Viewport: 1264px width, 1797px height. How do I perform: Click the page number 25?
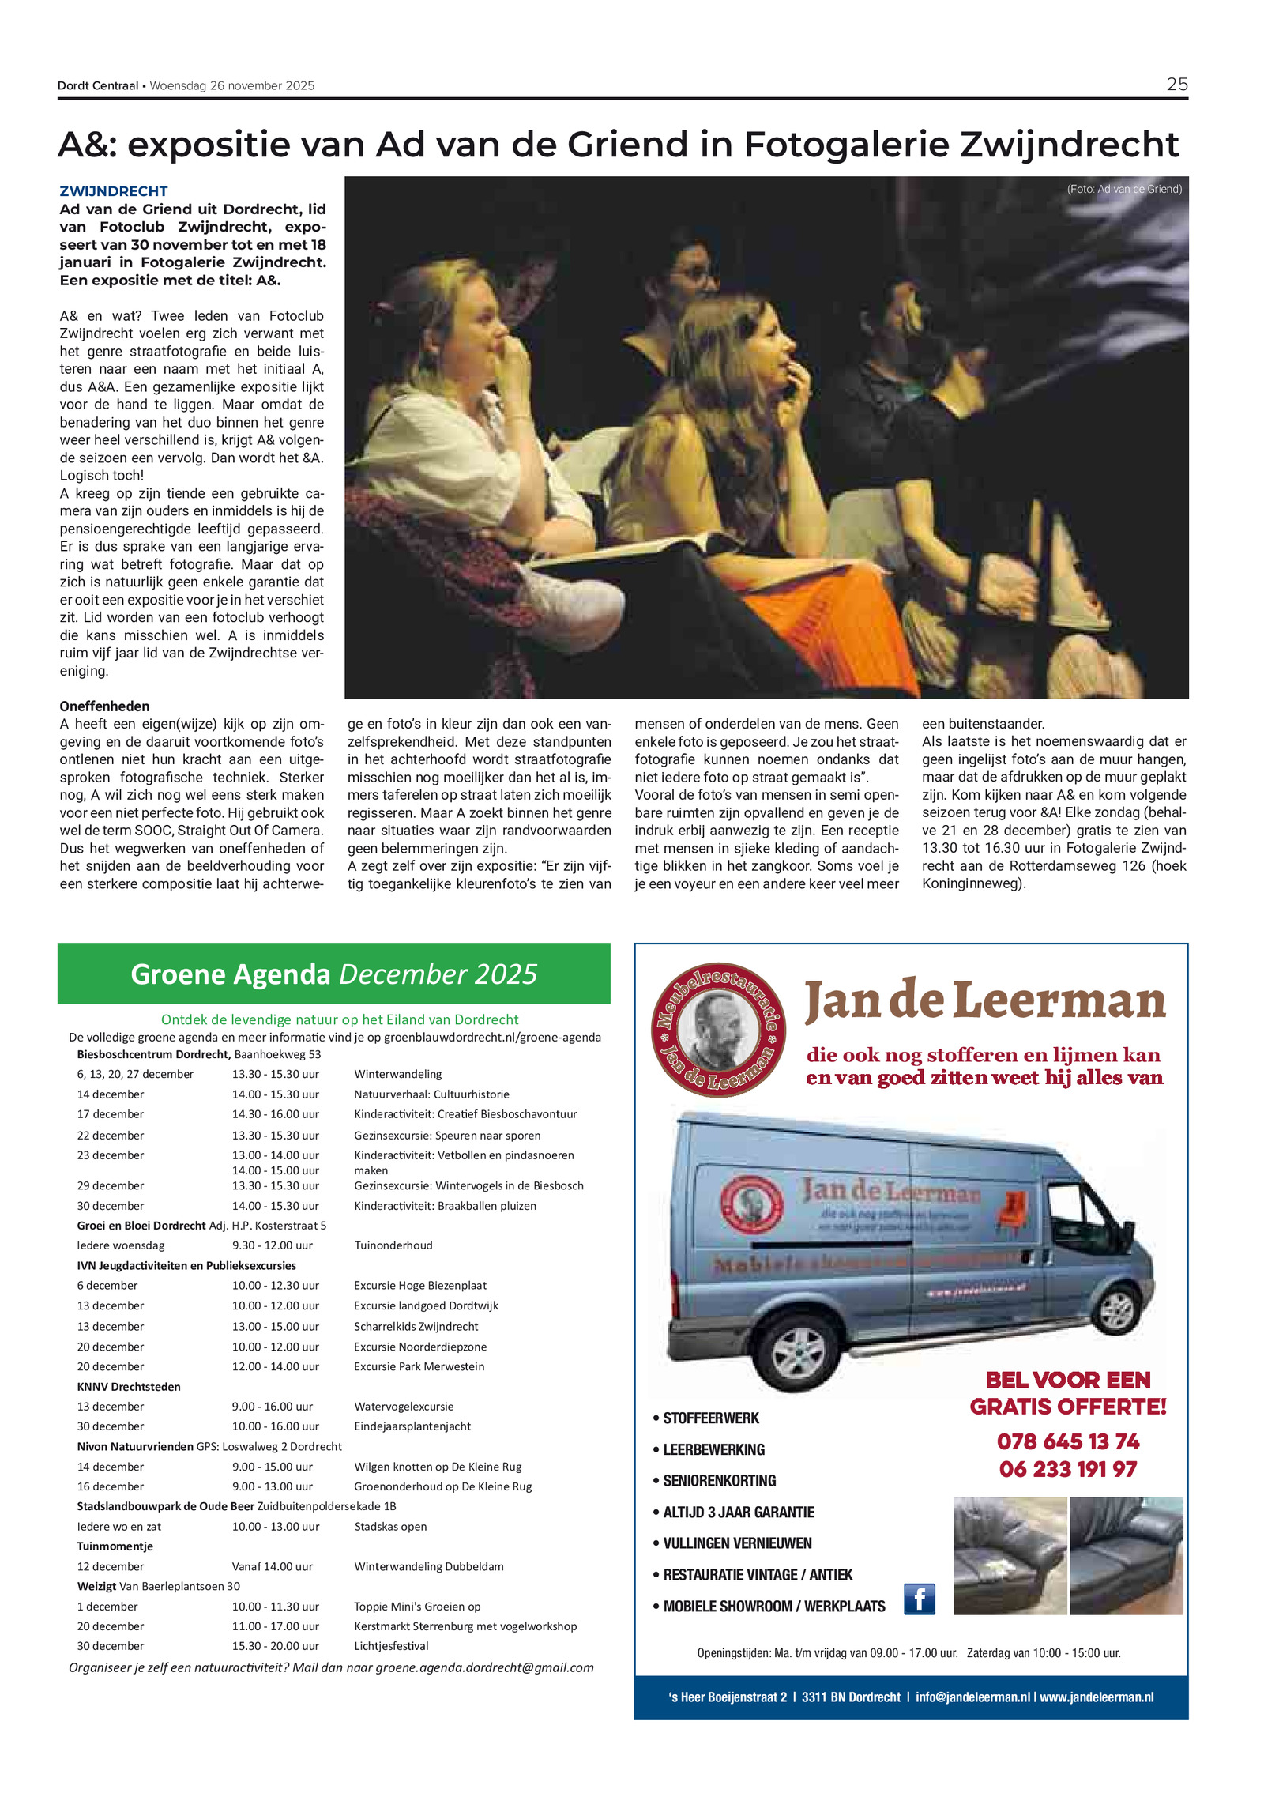(x=1176, y=84)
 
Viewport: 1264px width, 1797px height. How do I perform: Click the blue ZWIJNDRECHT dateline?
(x=114, y=191)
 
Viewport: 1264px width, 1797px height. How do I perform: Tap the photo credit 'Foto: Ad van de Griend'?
(x=1123, y=189)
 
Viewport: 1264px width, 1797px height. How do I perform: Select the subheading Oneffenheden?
(x=104, y=706)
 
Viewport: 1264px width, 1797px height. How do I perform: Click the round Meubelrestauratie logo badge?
(x=717, y=1029)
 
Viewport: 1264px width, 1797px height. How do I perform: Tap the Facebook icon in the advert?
(x=919, y=1599)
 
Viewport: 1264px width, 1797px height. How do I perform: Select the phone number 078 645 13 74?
(x=1067, y=1442)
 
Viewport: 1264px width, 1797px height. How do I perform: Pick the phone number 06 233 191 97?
(x=1067, y=1470)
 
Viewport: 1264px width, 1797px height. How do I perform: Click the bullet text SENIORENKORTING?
(x=719, y=1480)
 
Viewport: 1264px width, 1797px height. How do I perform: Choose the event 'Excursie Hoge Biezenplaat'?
(x=419, y=1286)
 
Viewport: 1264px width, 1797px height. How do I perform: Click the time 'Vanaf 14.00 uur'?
(x=272, y=1566)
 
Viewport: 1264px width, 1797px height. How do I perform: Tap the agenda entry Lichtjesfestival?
(x=391, y=1646)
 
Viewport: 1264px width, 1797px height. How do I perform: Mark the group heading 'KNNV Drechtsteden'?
(x=129, y=1387)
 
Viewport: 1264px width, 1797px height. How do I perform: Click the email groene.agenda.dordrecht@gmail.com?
(x=483, y=1667)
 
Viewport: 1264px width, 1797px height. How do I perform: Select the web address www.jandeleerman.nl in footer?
(x=1096, y=1697)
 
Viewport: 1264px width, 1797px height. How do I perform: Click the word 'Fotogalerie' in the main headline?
(x=848, y=145)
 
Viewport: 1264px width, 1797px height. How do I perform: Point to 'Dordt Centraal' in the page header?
(x=98, y=85)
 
